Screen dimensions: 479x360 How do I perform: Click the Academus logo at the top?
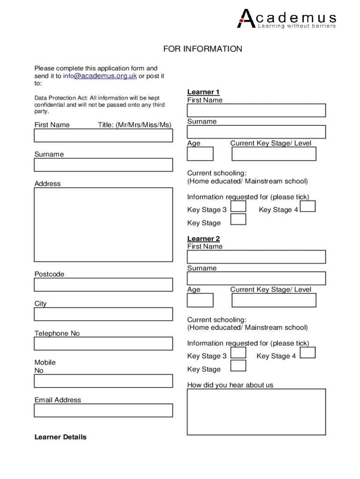click(287, 19)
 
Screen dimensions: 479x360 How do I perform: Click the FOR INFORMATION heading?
click(202, 49)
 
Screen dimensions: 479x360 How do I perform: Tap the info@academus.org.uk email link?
click(100, 76)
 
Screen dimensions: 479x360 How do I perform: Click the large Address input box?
click(103, 225)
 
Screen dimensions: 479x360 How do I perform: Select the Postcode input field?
click(103, 284)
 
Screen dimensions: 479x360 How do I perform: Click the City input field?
click(103, 314)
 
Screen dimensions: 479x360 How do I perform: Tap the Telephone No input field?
click(103, 343)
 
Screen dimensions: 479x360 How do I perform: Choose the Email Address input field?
click(103, 410)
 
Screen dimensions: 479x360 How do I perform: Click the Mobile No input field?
click(103, 381)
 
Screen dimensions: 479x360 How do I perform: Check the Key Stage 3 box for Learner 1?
click(238, 206)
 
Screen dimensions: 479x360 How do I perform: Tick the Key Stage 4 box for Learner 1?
click(308, 206)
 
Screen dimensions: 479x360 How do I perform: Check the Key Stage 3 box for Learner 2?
click(238, 353)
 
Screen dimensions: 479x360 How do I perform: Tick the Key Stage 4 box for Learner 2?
click(308, 353)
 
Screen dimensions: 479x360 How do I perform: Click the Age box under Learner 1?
click(200, 153)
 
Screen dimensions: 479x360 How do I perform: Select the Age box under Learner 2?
click(200, 300)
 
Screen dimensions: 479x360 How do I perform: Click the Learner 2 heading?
click(203, 239)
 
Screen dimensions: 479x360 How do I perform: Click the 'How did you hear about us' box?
click(256, 412)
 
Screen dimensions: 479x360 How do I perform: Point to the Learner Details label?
click(60, 437)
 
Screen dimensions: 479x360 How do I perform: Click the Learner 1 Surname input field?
click(256, 132)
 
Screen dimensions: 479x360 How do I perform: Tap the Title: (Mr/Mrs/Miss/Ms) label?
click(135, 124)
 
